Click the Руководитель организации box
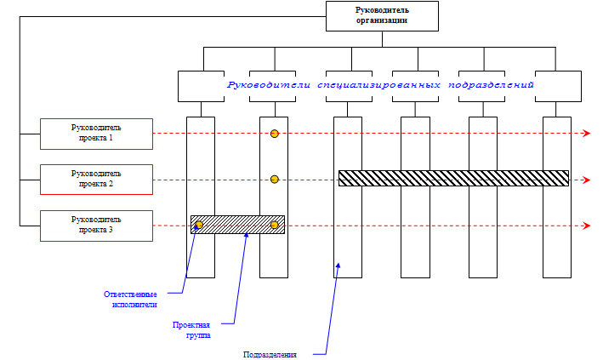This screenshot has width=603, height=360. (382, 15)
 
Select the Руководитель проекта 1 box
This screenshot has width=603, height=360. (96, 133)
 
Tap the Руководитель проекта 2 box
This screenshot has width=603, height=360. (96, 179)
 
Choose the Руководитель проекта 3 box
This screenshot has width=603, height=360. (96, 225)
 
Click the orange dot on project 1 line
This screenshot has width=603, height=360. (274, 134)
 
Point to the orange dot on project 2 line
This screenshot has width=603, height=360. (274, 179)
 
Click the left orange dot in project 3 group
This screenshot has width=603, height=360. (199, 225)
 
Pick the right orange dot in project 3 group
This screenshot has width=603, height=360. (274, 225)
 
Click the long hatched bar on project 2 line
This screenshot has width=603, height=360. (452, 178)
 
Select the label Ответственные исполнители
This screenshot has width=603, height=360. (130, 299)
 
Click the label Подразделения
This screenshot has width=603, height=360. (270, 354)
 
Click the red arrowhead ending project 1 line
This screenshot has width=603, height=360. (586, 134)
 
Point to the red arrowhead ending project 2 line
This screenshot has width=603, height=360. (586, 180)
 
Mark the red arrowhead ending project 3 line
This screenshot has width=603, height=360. (586, 226)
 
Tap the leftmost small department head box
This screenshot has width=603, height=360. (200, 86)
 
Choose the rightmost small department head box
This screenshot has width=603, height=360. (557, 86)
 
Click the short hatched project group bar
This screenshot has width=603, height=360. (236, 225)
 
